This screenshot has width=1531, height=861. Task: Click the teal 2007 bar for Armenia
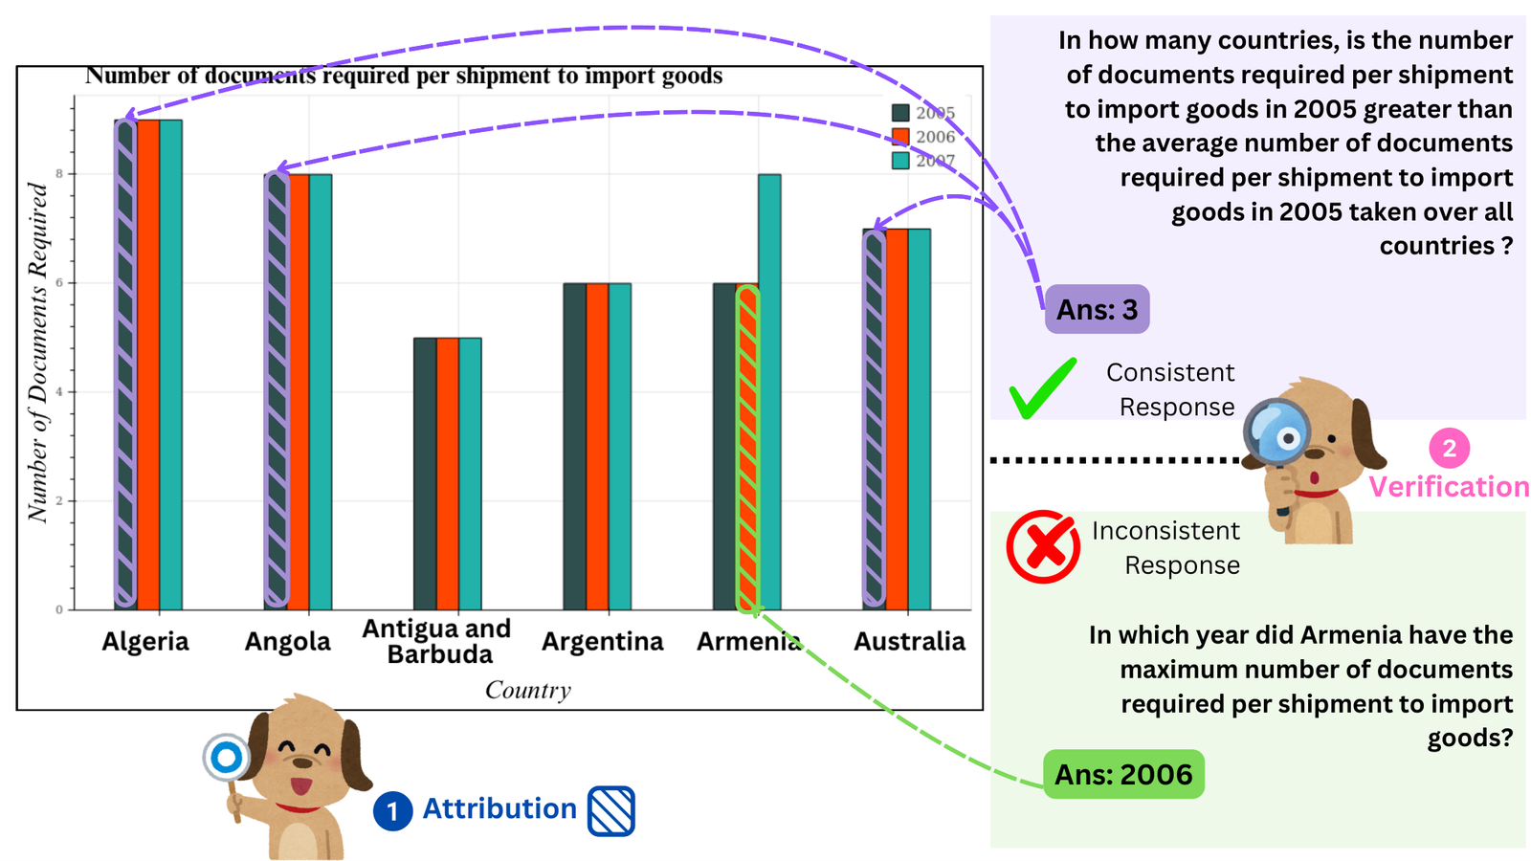pyautogui.click(x=769, y=391)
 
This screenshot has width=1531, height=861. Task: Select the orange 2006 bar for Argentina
pyautogui.click(x=597, y=446)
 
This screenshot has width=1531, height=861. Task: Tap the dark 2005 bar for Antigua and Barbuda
pyautogui.click(x=425, y=474)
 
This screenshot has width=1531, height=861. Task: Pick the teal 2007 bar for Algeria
pyautogui.click(x=171, y=364)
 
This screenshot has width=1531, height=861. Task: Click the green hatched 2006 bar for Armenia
pyautogui.click(x=747, y=449)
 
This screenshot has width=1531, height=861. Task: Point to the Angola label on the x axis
pyautogui.click(x=288, y=642)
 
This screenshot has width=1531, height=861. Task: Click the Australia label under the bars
pyautogui.click(x=910, y=642)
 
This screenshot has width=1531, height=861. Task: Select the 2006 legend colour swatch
pyautogui.click(x=900, y=137)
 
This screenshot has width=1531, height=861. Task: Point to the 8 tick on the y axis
pyautogui.click(x=59, y=174)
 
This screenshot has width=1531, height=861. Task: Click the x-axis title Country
pyautogui.click(x=527, y=690)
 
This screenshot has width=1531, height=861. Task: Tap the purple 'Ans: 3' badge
pyautogui.click(x=1097, y=310)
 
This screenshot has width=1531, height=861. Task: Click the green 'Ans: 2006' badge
pyautogui.click(x=1123, y=774)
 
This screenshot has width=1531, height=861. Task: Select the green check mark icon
pyautogui.click(x=1042, y=387)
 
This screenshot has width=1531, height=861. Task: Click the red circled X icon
pyautogui.click(x=1043, y=546)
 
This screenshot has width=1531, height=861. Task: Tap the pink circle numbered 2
pyautogui.click(x=1449, y=449)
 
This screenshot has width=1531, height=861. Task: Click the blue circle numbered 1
pyautogui.click(x=392, y=811)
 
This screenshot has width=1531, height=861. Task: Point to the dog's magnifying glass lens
pyautogui.click(x=1276, y=432)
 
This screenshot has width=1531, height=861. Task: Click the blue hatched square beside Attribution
pyautogui.click(x=611, y=811)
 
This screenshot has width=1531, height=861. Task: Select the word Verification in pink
pyautogui.click(x=1449, y=487)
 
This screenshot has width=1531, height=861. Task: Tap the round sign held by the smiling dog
pyautogui.click(x=227, y=758)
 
